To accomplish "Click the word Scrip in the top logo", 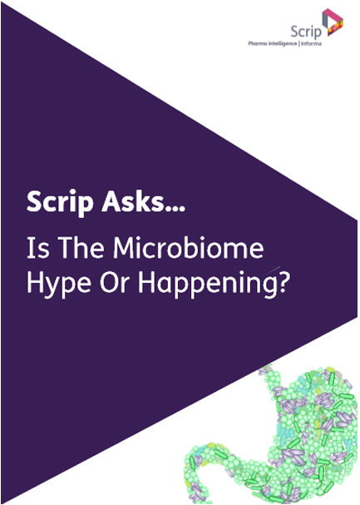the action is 306,32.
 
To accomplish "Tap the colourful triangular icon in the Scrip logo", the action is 333,22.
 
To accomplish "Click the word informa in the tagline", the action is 311,43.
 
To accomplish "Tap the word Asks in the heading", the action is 131,201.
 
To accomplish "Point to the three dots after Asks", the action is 173,208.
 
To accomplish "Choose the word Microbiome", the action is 189,248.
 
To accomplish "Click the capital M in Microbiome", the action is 124,248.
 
